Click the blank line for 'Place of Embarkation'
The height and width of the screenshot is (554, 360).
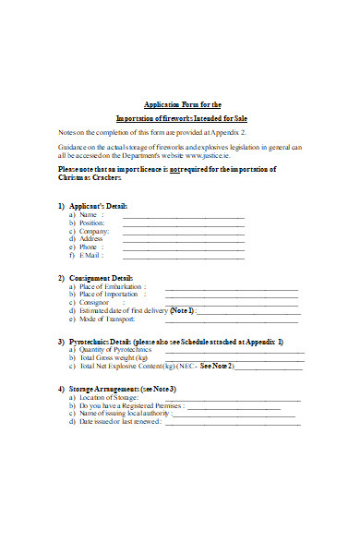(231, 290)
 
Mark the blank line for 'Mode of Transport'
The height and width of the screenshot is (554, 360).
(231, 321)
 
